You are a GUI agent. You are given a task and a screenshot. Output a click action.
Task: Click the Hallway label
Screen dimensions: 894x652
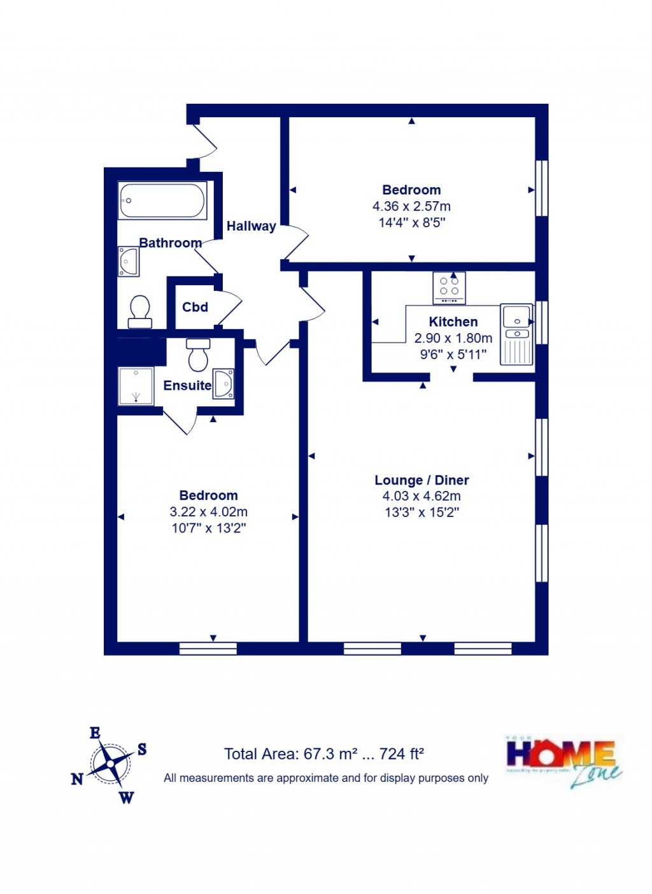click(x=252, y=226)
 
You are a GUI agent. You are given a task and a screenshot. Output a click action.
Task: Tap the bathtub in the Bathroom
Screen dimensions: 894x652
click(x=162, y=201)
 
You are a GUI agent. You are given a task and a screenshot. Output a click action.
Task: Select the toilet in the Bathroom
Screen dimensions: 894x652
click(x=139, y=311)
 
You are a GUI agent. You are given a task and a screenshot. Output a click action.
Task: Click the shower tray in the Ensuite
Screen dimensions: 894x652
click(x=136, y=386)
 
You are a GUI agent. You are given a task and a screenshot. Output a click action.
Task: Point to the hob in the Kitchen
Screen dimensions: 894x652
click(x=449, y=288)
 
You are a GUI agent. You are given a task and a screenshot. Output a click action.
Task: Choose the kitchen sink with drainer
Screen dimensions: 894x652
click(x=516, y=334)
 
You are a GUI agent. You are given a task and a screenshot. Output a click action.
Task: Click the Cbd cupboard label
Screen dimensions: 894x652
click(x=195, y=308)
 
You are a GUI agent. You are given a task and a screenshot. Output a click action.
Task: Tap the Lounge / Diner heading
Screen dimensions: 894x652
click(x=422, y=480)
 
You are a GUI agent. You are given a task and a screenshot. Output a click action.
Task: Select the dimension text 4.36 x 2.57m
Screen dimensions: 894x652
click(x=411, y=206)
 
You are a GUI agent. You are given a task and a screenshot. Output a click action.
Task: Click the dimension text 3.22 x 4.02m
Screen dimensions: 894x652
click(x=208, y=512)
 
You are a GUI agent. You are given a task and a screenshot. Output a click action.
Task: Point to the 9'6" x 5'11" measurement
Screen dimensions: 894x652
click(x=453, y=355)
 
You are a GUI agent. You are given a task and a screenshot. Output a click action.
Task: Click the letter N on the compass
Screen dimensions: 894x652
click(x=77, y=779)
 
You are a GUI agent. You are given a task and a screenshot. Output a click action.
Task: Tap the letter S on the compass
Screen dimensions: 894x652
click(x=142, y=749)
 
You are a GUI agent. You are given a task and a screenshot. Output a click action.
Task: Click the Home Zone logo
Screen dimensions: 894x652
click(x=563, y=762)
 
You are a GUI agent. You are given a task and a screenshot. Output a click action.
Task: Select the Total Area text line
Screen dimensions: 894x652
click(x=324, y=755)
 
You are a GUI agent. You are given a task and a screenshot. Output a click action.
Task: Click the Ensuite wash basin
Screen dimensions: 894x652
click(x=223, y=384)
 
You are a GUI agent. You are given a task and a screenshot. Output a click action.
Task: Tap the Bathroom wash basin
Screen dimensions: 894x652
click(x=129, y=262)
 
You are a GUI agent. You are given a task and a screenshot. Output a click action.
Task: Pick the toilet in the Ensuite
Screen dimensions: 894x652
click(x=198, y=354)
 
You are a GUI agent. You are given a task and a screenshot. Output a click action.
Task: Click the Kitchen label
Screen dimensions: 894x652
click(x=453, y=322)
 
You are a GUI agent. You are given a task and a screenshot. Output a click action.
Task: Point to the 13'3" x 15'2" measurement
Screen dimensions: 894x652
click(x=422, y=513)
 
